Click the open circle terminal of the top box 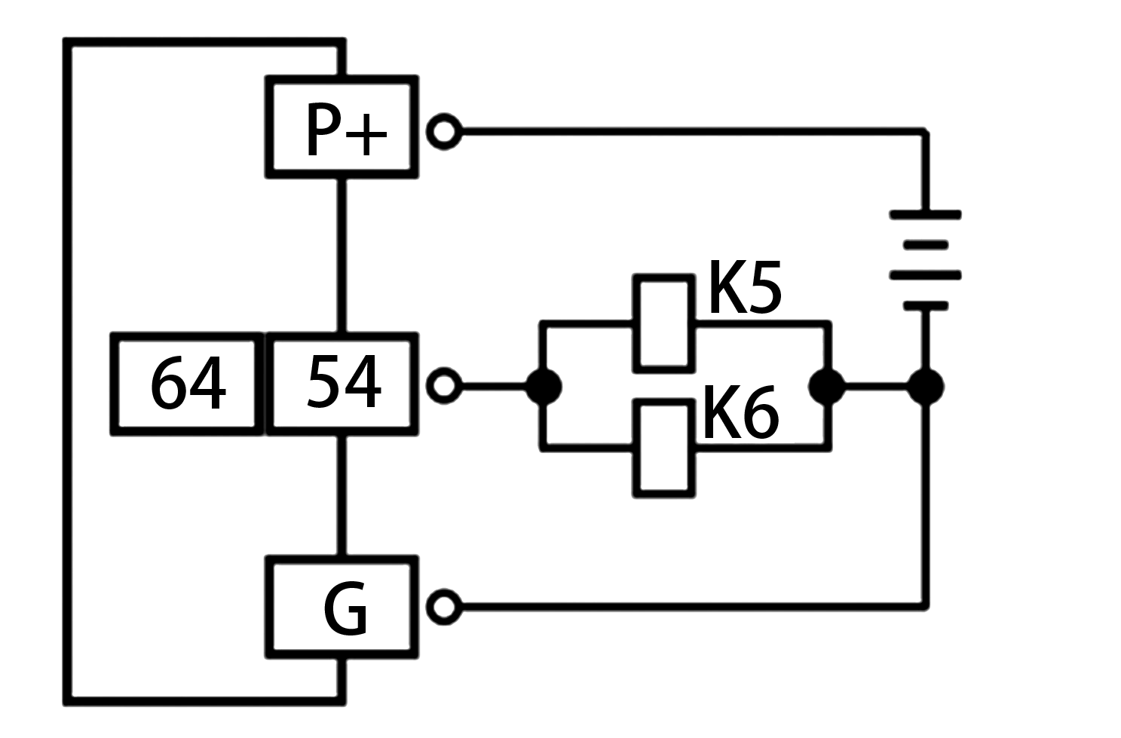pyautogui.click(x=444, y=131)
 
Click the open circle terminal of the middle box pyautogui.click(x=444, y=385)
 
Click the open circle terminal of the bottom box pyautogui.click(x=444, y=606)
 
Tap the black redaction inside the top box pyautogui.click(x=347, y=129)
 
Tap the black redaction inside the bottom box pyautogui.click(x=345, y=608)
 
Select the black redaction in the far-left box pyautogui.click(x=188, y=382)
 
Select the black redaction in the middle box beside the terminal pyautogui.click(x=344, y=381)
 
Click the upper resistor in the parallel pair pyautogui.click(x=663, y=323)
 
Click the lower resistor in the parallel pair pyautogui.click(x=663, y=449)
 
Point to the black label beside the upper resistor pyautogui.click(x=746, y=286)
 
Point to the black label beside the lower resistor pyautogui.click(x=741, y=412)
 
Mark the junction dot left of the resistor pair pyautogui.click(x=543, y=386)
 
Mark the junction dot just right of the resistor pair pyautogui.click(x=827, y=386)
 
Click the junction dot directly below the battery pyautogui.click(x=925, y=386)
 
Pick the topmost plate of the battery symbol pyautogui.click(x=925, y=215)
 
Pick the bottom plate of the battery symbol pyautogui.click(x=925, y=305)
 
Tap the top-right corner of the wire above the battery pyautogui.click(x=925, y=132)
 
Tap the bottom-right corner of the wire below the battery pyautogui.click(x=925, y=605)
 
